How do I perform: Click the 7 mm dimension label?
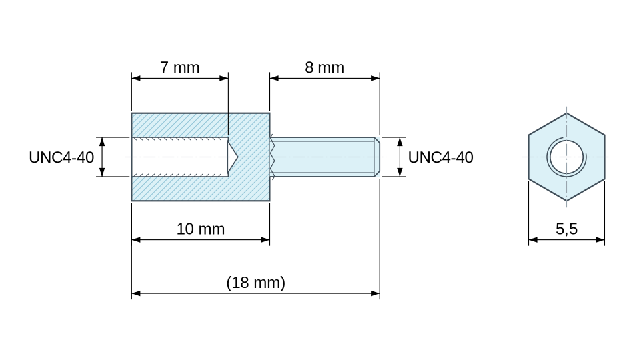pos(179,67)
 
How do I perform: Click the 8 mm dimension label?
pos(324,67)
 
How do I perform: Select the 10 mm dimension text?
pos(201,229)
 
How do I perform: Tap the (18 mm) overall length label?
pos(255,283)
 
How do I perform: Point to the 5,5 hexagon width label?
pos(567,229)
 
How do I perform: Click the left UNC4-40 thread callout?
pos(61,157)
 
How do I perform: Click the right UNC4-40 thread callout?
pos(441,157)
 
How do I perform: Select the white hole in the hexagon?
pos(567,157)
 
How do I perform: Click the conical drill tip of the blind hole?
pos(233,157)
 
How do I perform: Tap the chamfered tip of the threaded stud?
pos(377,157)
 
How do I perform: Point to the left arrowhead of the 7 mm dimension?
pos(136,78)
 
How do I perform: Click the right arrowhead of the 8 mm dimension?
pos(376,78)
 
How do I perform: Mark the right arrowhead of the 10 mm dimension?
pos(265,240)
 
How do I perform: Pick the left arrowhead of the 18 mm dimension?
pos(136,293)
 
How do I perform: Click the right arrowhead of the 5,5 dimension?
pos(600,240)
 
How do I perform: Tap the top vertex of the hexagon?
pos(567,113)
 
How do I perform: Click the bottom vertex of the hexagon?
pos(567,201)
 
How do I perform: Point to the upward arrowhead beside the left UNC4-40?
pos(102,142)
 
